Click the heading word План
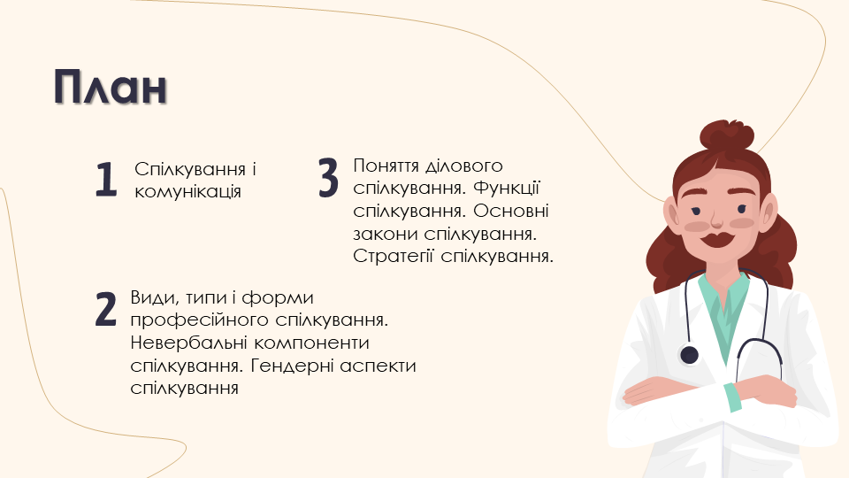coord(110,87)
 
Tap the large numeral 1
coord(106,180)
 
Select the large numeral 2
coord(105,309)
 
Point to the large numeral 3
coord(328,177)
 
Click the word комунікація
coord(187,192)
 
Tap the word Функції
coord(506,188)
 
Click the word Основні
coord(510,211)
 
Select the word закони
coord(386,234)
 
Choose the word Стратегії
coord(394,256)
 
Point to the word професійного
coord(200,320)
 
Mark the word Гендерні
coord(293,366)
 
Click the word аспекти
coord(378,366)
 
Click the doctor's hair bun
coord(727,135)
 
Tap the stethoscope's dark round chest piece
coord(689,355)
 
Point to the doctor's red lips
coord(717,239)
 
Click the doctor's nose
coord(717,220)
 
